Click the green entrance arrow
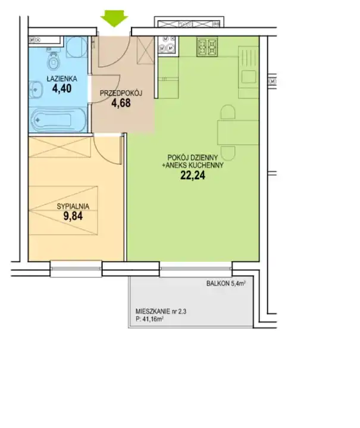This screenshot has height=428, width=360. [x=114, y=18]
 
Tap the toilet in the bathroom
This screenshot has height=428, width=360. [x=53, y=60]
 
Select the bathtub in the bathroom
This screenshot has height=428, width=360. [x=58, y=120]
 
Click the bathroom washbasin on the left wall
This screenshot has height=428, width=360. [x=36, y=89]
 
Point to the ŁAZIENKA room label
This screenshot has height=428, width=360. [x=62, y=79]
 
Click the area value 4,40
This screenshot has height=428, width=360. [x=62, y=89]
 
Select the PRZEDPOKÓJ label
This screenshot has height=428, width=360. [x=121, y=93]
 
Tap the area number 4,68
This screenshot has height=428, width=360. [x=121, y=103]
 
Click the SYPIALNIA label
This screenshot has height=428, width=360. [x=73, y=207]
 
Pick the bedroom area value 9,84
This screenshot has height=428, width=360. [x=73, y=216]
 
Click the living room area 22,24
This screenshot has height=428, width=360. [x=193, y=176]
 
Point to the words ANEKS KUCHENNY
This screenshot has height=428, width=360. [x=195, y=165]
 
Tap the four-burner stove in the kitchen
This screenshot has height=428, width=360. [x=208, y=46]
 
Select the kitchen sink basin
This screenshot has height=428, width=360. [x=249, y=77]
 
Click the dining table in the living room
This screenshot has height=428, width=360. [x=238, y=133]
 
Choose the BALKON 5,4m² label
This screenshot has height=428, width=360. [x=226, y=283]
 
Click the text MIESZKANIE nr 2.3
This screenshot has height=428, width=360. [x=161, y=311]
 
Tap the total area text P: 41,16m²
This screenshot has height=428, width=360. [x=149, y=319]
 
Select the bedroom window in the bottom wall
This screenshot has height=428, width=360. [x=76, y=269]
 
